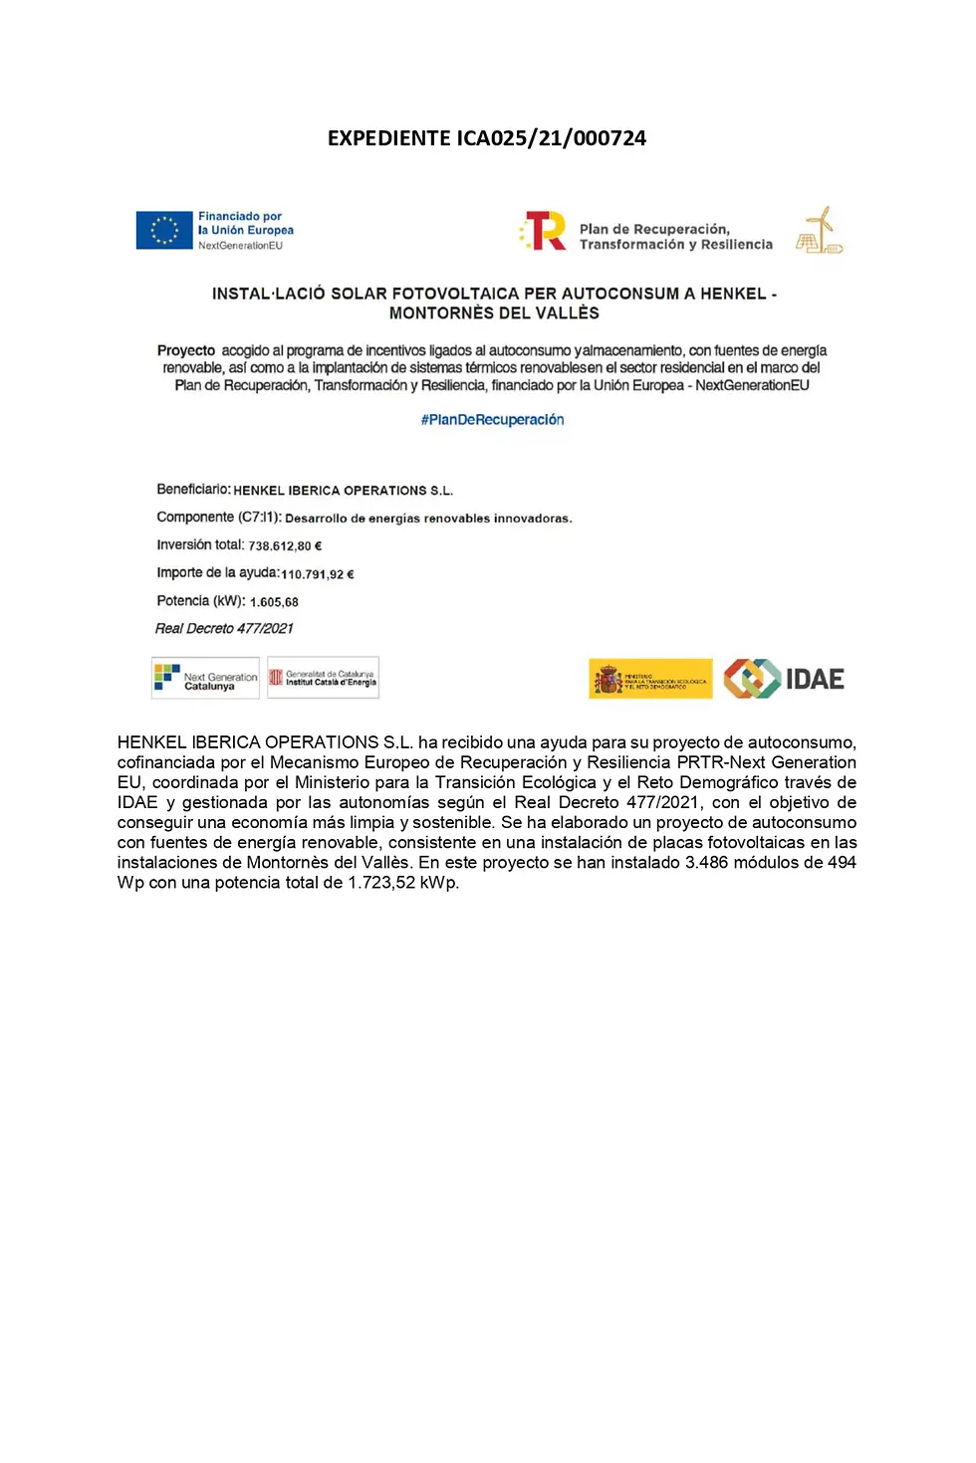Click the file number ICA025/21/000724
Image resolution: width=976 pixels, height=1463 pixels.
click(551, 138)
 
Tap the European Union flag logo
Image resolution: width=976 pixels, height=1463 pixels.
click(164, 230)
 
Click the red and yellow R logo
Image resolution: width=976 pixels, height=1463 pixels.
click(544, 231)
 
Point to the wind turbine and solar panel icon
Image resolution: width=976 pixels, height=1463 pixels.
click(819, 231)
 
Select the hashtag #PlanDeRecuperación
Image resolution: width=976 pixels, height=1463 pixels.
click(492, 420)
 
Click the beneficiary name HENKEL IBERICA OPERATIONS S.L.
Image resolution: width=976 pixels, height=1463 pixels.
click(343, 491)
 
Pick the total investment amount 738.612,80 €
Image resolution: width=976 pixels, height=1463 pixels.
click(285, 546)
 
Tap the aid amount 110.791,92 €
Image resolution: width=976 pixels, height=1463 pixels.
click(318, 574)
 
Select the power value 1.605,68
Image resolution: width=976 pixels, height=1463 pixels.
click(274, 602)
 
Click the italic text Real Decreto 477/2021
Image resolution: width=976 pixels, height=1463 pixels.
click(224, 629)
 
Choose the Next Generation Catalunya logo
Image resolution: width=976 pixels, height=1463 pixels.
click(205, 679)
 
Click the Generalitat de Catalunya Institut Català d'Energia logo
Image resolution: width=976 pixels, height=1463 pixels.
click(323, 679)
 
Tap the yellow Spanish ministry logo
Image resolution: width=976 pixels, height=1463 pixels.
click(650, 679)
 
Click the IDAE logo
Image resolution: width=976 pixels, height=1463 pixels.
click(784, 679)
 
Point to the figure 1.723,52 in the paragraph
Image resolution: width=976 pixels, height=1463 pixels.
click(381, 883)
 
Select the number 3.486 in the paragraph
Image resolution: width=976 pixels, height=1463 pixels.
click(706, 863)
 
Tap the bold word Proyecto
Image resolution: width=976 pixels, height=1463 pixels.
click(186, 351)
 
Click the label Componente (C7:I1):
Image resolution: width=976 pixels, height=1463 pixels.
click(219, 518)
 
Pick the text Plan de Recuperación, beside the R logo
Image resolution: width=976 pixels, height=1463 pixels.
click(654, 229)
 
